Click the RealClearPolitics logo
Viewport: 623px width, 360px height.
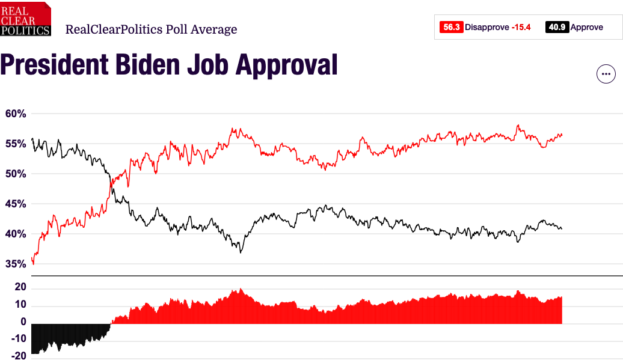pos(26,19)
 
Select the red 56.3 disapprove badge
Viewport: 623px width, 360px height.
pos(451,27)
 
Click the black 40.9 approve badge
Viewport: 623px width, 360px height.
pos(557,27)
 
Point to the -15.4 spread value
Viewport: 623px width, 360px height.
pos(521,27)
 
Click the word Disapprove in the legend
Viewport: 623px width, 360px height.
pos(486,27)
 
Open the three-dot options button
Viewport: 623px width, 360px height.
pos(606,74)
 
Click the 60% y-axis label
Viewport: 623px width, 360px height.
pos(16,114)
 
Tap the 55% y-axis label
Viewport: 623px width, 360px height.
pos(16,144)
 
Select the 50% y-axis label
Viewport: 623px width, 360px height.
pos(16,174)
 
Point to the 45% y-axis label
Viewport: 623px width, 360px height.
pos(16,204)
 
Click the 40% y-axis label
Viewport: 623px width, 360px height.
pos(16,234)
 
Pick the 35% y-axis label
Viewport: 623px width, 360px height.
pos(16,264)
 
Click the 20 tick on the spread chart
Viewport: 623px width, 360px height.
pos(20,287)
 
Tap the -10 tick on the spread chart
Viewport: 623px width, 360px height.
pos(18,338)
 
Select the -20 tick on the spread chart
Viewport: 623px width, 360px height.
pos(18,355)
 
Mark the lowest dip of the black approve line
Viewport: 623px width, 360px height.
pos(241,252)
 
